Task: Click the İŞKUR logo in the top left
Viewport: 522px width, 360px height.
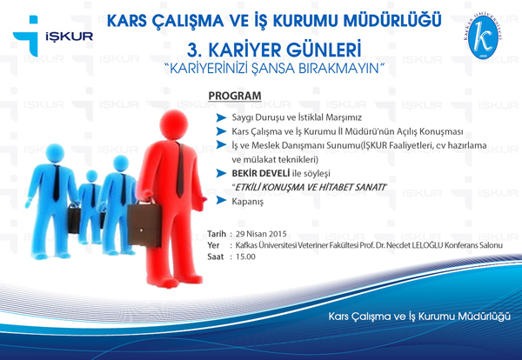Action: pyautogui.click(x=48, y=37)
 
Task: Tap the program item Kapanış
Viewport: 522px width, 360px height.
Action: pyautogui.click(x=248, y=201)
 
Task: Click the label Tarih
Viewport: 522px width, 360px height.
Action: pyautogui.click(x=217, y=235)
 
